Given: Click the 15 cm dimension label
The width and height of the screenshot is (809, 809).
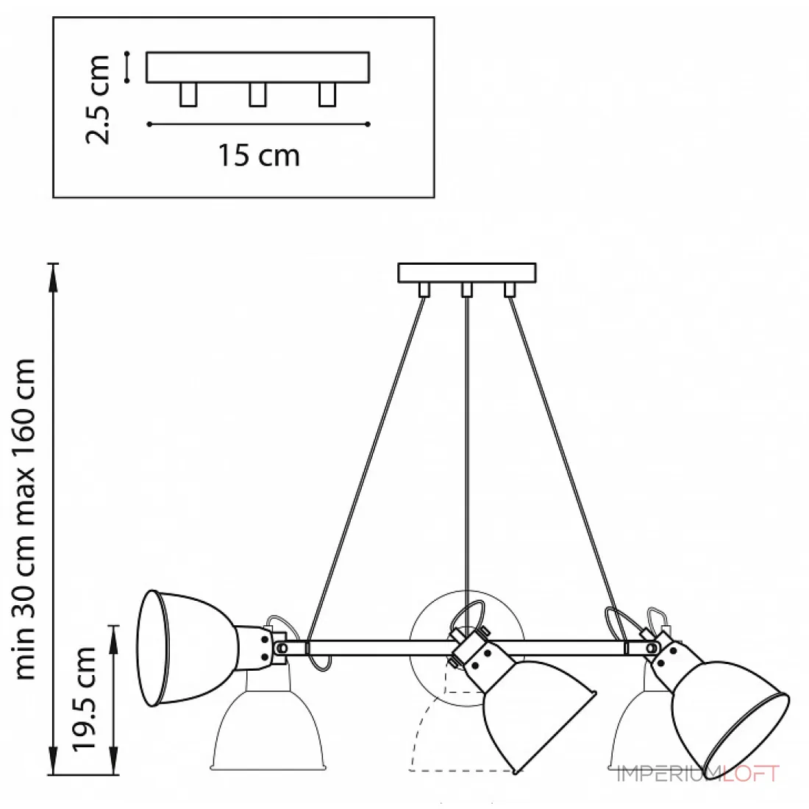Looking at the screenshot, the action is click(x=258, y=155).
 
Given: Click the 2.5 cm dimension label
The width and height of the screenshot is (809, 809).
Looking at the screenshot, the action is click(x=97, y=99).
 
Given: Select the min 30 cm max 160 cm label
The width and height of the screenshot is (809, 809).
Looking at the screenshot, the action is click(x=25, y=519).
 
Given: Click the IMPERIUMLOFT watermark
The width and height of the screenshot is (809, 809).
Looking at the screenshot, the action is click(x=699, y=774).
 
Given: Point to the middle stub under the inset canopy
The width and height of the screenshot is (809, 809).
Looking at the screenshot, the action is click(x=257, y=94).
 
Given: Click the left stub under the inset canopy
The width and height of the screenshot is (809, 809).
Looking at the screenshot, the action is click(x=188, y=94).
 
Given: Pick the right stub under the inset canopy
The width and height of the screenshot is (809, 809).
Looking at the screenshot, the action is click(x=327, y=94).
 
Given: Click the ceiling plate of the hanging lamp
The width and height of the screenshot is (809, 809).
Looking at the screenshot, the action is click(x=467, y=273).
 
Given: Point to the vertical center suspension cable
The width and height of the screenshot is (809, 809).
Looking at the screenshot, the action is click(x=467, y=443).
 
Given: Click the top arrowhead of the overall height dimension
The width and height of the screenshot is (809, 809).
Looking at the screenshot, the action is click(x=53, y=277).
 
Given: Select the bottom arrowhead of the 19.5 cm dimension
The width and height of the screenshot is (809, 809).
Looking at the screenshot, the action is click(x=114, y=760).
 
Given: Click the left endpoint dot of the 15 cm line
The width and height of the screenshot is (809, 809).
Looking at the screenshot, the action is click(x=149, y=124).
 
